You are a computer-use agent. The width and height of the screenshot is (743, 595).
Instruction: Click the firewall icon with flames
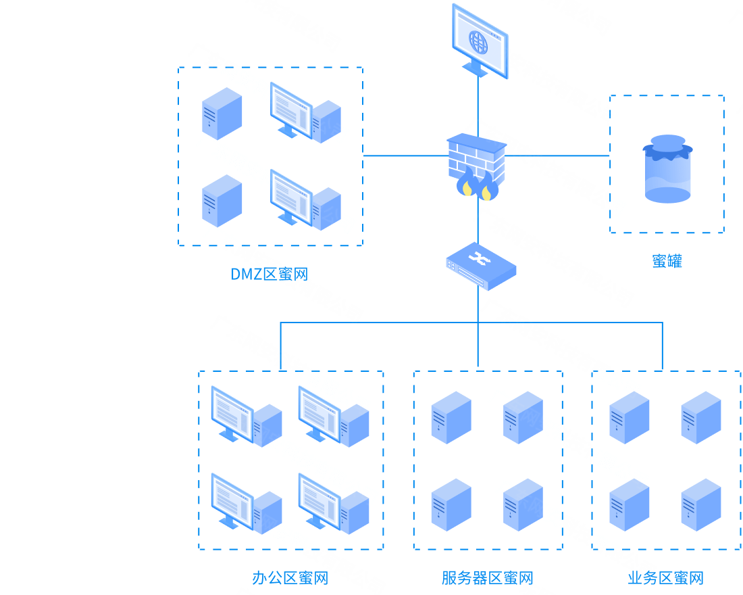(477, 166)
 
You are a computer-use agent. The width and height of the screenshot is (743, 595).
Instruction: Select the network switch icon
(481, 265)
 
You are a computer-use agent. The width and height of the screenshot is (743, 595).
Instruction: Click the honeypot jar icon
(667, 169)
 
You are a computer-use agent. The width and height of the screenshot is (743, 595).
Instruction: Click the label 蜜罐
(667, 261)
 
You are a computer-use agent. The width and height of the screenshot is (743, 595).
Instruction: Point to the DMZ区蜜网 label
(269, 274)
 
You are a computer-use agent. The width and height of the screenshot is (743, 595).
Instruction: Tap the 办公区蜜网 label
(290, 578)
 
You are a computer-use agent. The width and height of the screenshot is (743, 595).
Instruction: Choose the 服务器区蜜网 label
(487, 578)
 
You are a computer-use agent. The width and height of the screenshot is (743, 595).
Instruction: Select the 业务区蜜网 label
(665, 578)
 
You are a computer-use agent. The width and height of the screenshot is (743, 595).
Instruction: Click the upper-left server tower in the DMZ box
(222, 114)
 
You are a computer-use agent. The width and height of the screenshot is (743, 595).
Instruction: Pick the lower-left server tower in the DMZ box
(222, 201)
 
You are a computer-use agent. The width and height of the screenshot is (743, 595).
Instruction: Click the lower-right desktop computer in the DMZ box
(305, 200)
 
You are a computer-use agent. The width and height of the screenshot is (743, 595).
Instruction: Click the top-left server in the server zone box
(451, 417)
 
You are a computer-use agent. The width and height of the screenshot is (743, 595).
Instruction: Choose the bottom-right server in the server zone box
(523, 504)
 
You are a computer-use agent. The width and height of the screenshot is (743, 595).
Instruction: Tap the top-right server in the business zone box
(701, 417)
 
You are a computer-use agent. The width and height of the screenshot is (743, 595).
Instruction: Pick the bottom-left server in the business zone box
(629, 504)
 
